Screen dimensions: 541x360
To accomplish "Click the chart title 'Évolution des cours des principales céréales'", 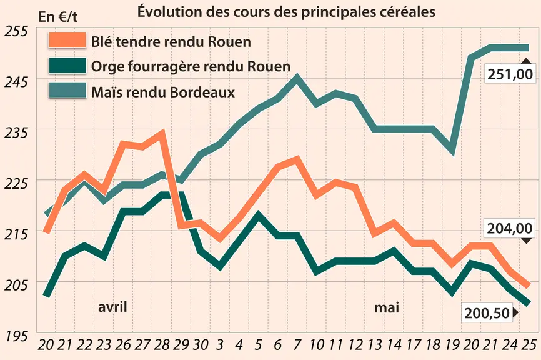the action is [286, 12].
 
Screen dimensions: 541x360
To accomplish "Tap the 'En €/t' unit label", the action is [58, 17].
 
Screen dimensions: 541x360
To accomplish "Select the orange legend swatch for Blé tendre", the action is [67, 41].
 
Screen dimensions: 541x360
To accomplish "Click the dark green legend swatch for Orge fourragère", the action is [67, 66].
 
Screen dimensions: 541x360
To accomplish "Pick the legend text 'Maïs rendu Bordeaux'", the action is [163, 92].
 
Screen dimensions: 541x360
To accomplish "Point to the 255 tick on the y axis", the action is [16, 31].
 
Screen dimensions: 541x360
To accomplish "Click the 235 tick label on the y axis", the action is [16, 133].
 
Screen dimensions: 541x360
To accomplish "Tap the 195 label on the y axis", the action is [16, 336].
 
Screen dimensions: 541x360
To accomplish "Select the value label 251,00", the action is [510, 74].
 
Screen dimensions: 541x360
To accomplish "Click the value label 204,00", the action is [510, 229].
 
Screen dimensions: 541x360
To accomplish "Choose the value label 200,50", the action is [487, 313].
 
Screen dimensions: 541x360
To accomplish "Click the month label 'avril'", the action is [112, 306].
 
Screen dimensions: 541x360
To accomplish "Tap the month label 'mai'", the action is [387, 307].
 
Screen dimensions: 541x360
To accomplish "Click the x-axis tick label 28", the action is [161, 344].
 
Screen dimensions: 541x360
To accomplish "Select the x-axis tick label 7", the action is [297, 344].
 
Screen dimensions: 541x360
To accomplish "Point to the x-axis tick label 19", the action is [452, 344].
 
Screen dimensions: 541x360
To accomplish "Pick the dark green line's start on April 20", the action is [47, 295].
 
